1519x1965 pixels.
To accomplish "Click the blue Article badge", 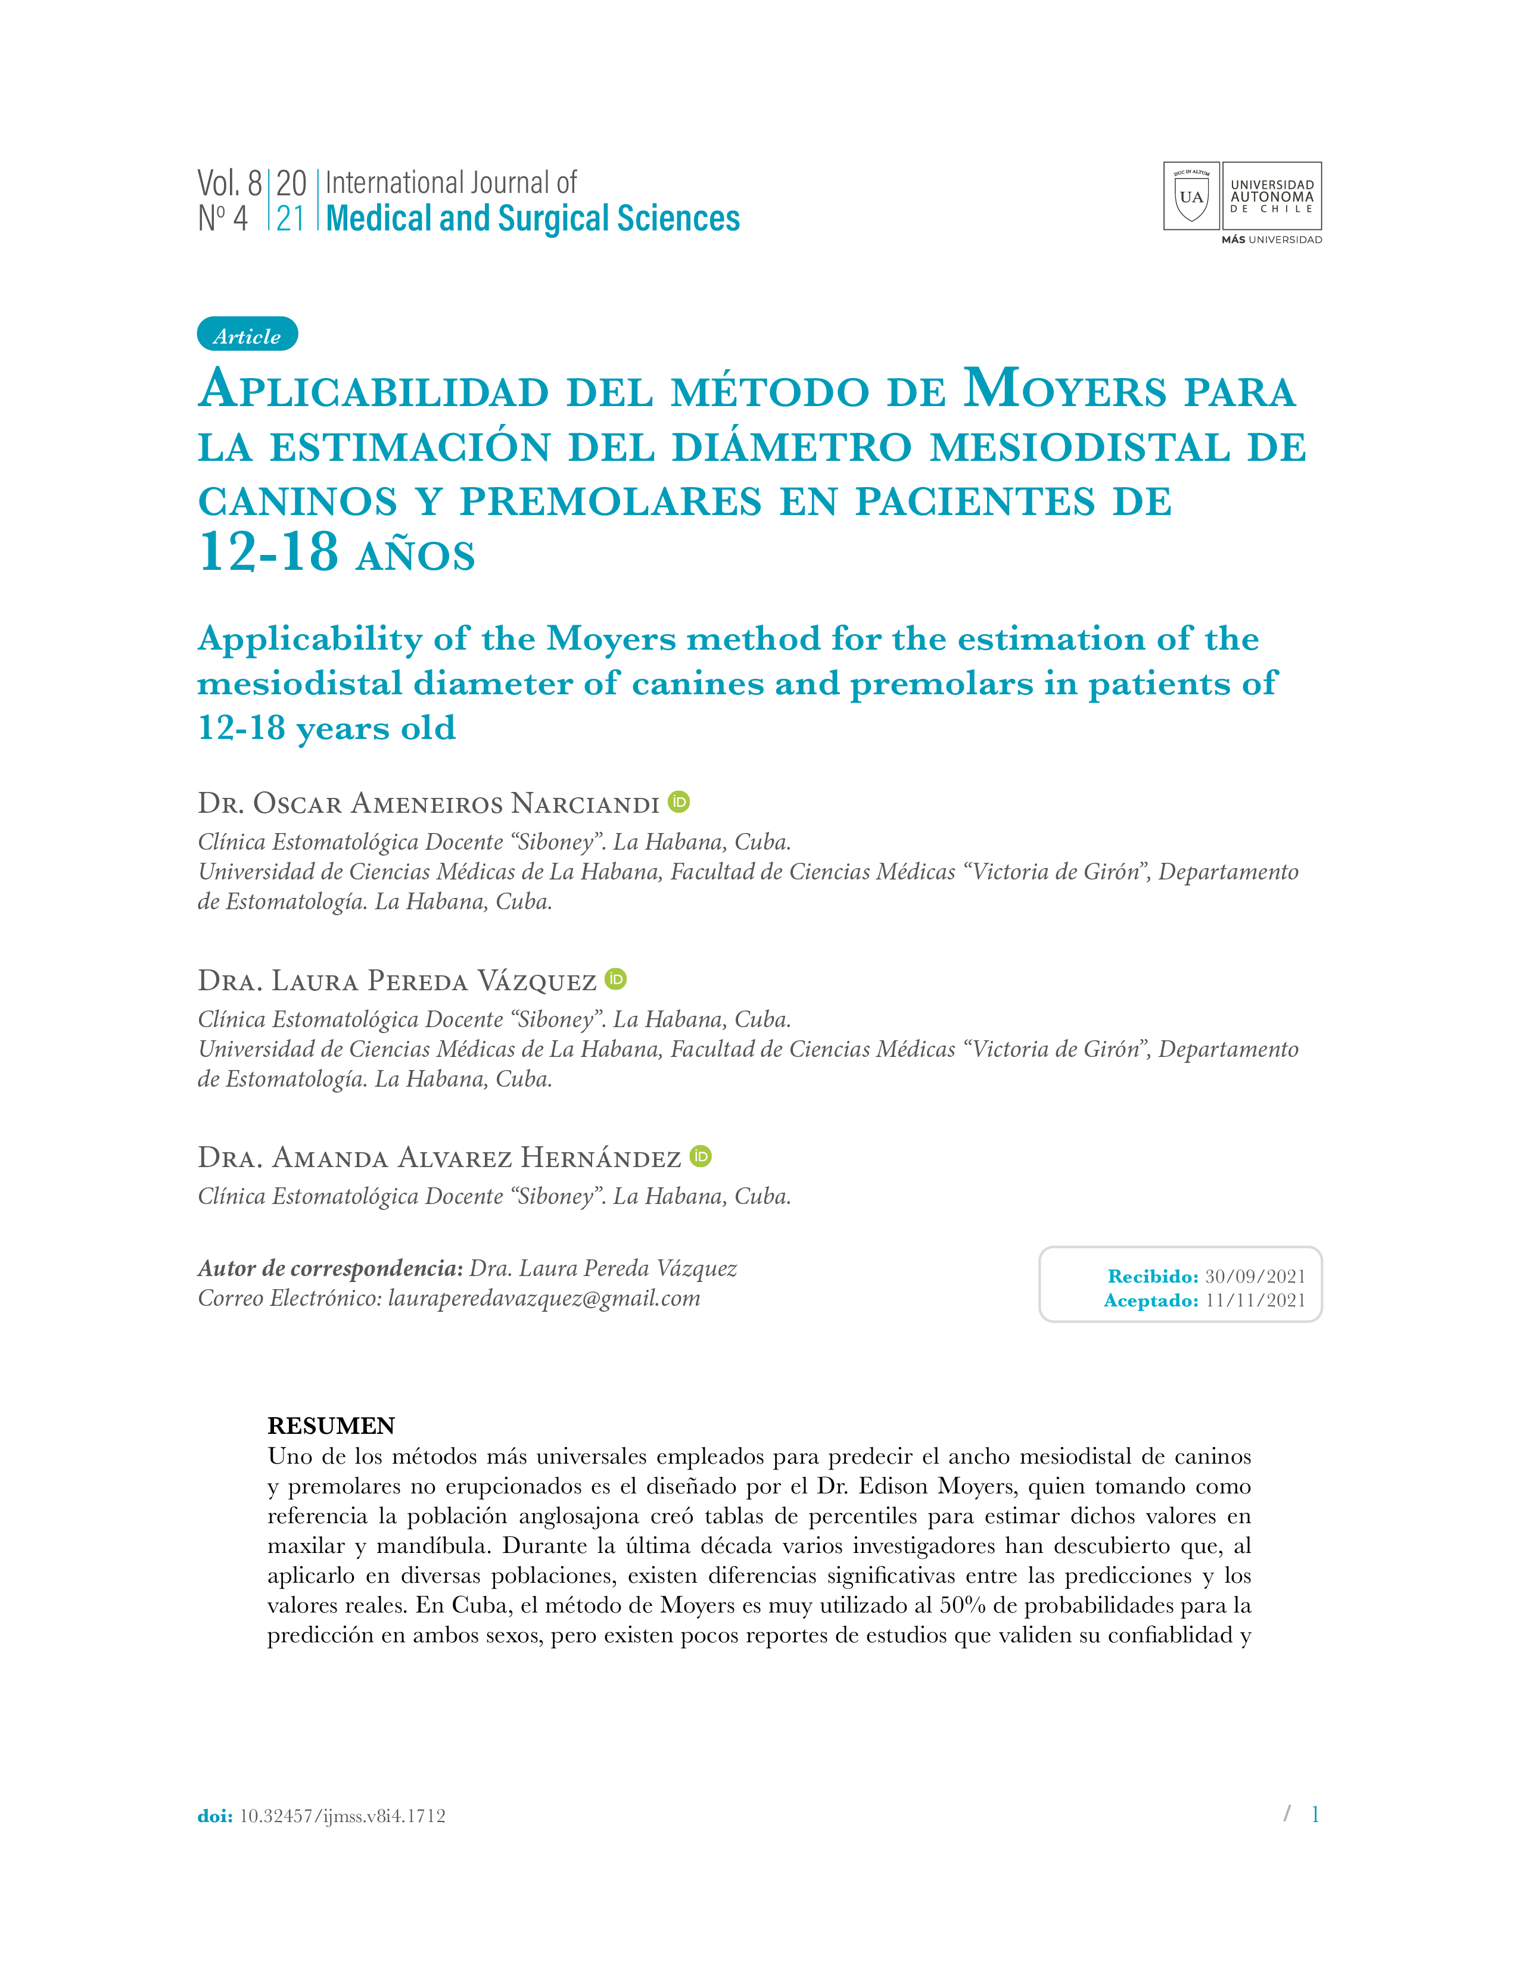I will (247, 335).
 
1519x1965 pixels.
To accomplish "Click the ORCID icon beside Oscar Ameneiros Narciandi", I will (680, 801).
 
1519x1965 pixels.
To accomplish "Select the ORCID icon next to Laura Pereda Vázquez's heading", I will (615, 979).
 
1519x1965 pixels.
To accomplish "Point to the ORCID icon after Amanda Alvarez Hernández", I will (701, 1156).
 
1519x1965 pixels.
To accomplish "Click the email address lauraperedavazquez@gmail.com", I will (543, 1298).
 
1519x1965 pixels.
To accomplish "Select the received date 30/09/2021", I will (1255, 1276).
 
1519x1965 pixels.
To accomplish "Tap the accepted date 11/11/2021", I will (1255, 1300).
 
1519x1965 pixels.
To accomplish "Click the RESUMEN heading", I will (331, 1426).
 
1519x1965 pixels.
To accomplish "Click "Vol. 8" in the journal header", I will (229, 183).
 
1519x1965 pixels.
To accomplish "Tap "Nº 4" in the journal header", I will (222, 218).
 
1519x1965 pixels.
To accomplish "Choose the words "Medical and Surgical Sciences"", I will (533, 219).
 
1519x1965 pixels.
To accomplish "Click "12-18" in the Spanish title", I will (268, 551).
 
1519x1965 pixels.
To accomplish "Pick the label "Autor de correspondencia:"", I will (330, 1268).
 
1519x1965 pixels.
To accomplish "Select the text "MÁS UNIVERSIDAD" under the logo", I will (1272, 240).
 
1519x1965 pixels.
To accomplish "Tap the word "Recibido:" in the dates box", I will (1153, 1276).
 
